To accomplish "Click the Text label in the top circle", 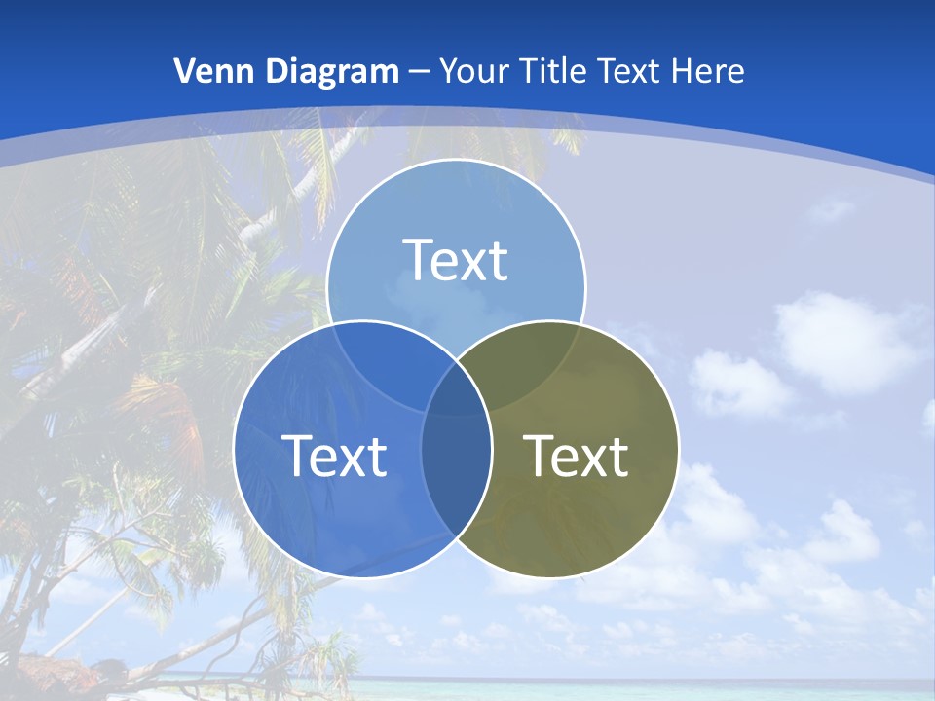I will coord(456,260).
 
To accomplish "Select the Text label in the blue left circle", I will coord(334,456).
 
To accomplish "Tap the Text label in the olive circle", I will coord(577,456).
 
